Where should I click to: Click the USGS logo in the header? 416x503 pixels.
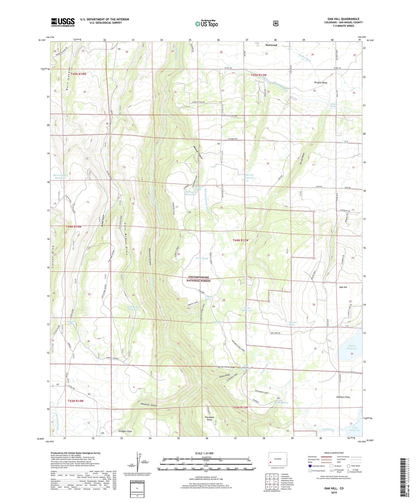63,22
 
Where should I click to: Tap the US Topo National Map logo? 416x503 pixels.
206,23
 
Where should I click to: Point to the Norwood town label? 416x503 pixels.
271,45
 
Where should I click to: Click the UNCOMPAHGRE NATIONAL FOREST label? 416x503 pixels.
198,279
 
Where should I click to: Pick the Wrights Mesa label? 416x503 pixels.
320,82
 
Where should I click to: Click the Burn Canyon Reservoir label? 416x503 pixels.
60,177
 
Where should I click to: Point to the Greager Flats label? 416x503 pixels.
125,431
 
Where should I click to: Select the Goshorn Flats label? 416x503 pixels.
343,397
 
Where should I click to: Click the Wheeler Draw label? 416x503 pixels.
149,405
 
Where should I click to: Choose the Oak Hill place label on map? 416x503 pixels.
343,287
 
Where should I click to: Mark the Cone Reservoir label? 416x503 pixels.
355,429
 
